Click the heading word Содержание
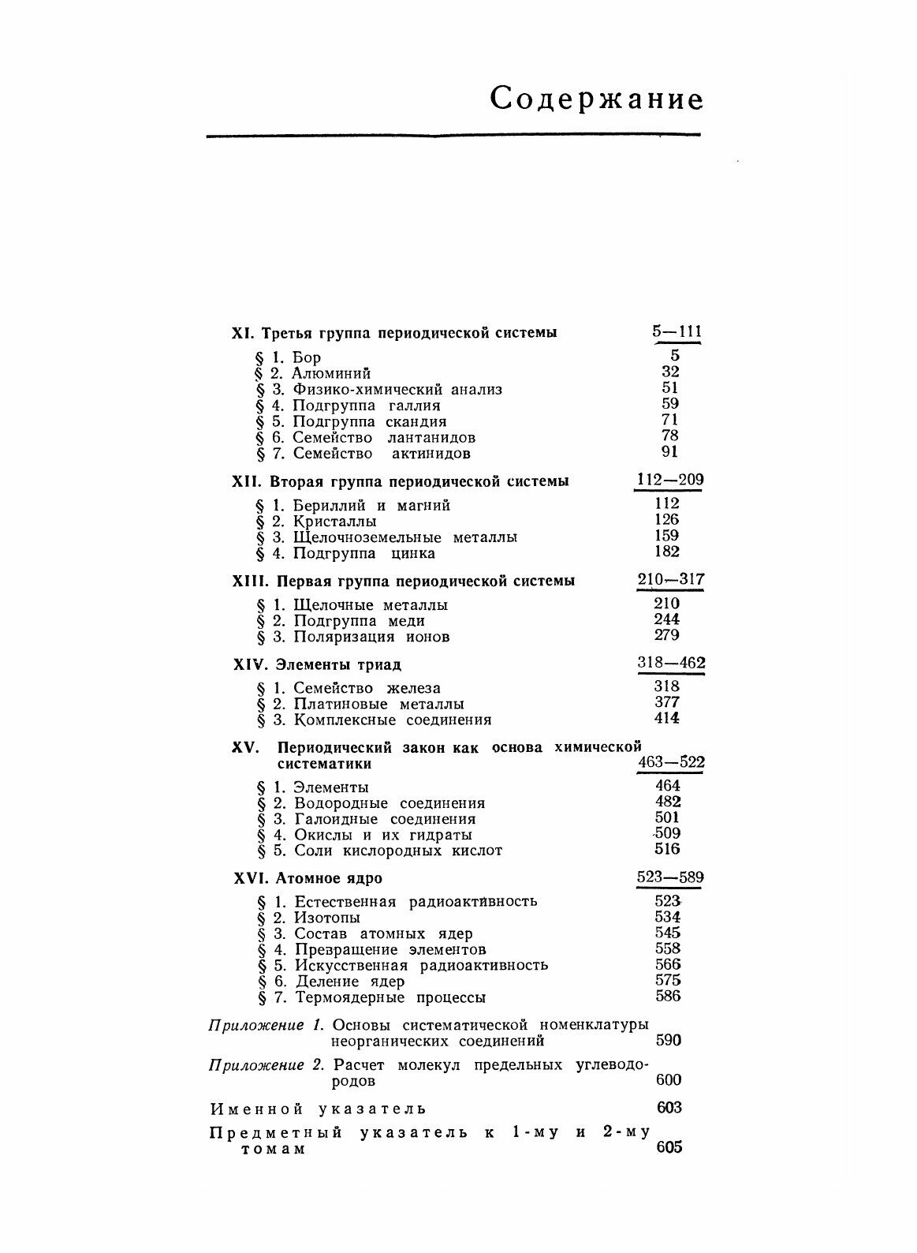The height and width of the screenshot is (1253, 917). pyautogui.click(x=596, y=100)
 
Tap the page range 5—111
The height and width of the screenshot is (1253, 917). pyautogui.click(x=677, y=331)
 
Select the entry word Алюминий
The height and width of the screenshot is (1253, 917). pyautogui.click(x=331, y=373)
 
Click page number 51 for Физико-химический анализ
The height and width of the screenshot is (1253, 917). pyautogui.click(x=669, y=387)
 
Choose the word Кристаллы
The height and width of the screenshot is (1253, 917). pyautogui.click(x=334, y=522)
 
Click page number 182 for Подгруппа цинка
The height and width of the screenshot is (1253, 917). pyautogui.click(x=667, y=552)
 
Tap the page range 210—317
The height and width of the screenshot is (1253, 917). pyautogui.click(x=670, y=580)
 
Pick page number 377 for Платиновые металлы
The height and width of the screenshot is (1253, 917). pyautogui.click(x=667, y=702)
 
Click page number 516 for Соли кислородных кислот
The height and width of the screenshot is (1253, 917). pyautogui.click(x=667, y=849)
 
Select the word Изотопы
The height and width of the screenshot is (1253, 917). pyautogui.click(x=327, y=918)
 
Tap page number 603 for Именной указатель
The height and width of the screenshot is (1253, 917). pyautogui.click(x=669, y=1107)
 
